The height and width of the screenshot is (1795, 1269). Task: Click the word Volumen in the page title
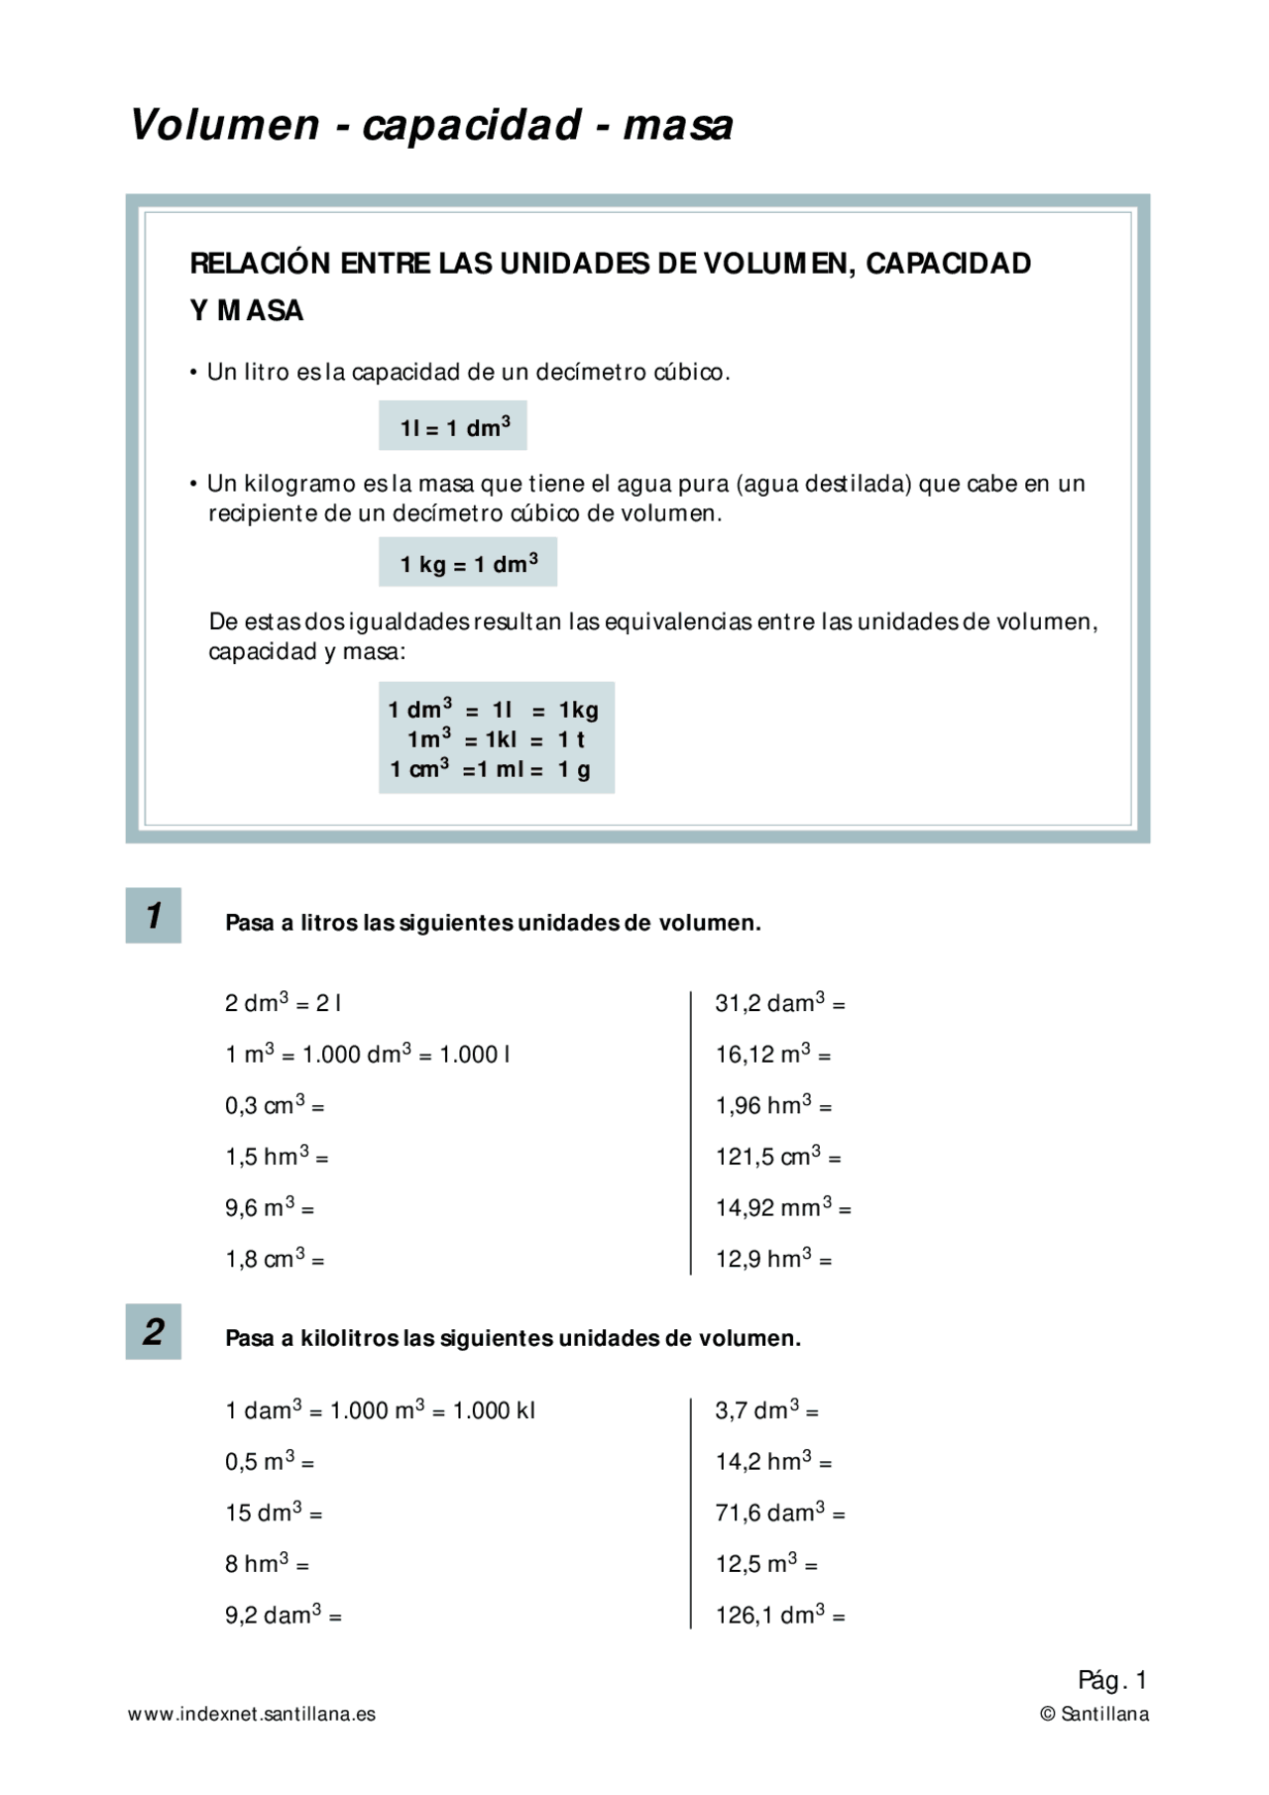point(225,126)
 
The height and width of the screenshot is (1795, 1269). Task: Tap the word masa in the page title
point(678,126)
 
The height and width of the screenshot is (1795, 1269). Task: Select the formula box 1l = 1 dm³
point(453,426)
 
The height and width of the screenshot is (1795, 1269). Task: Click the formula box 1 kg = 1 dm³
point(468,563)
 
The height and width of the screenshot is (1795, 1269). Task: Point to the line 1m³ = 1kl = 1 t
point(496,739)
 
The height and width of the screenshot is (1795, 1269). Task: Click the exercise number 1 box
point(154,915)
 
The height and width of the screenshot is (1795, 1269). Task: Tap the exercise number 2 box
point(154,1331)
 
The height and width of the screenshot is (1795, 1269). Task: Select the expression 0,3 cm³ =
point(275,1105)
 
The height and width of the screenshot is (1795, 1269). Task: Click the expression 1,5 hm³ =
point(277,1157)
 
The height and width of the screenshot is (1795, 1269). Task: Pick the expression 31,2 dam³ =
point(780,1003)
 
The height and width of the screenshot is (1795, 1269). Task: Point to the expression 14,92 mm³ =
point(783,1208)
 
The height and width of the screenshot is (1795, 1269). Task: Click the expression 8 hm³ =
point(267,1564)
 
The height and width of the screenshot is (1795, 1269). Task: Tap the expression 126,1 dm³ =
point(780,1616)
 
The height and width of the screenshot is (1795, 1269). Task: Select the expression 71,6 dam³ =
point(780,1513)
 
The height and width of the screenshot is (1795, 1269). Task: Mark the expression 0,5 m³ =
point(270,1461)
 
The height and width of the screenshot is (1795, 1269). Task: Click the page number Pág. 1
point(1112,1680)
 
